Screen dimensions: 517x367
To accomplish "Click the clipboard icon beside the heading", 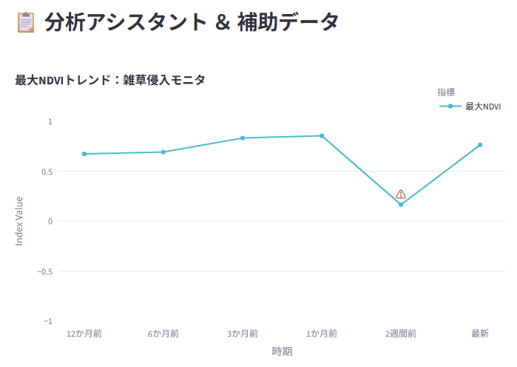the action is point(26,22).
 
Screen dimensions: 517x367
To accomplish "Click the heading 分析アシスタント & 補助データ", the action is point(192,22).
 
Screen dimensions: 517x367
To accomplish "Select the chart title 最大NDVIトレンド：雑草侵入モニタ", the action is point(110,80).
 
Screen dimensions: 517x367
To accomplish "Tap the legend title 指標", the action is point(446,92).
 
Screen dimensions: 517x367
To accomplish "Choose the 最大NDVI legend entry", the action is point(470,106).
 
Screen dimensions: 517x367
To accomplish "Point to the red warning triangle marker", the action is point(401,194).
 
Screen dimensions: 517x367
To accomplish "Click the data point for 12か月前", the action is point(84,154).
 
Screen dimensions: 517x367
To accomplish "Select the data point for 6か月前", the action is point(163,152).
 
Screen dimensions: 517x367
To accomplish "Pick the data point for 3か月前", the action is point(243,138).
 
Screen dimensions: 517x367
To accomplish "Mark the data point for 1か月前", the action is point(322,136).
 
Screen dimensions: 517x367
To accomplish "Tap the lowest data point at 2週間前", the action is point(401,205).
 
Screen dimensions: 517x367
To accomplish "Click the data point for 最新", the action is point(480,145).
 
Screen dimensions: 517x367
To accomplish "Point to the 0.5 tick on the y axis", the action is point(47,172).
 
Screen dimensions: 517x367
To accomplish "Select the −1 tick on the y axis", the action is point(48,321).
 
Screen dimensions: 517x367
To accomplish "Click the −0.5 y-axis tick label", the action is point(45,272).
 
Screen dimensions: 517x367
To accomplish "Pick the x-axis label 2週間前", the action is point(401,334).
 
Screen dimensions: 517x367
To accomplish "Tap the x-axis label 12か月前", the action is point(84,334).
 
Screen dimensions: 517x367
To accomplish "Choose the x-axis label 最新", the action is point(480,334).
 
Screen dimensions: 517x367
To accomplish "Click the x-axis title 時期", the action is point(282,351).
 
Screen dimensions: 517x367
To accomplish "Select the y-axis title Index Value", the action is point(19,221).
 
